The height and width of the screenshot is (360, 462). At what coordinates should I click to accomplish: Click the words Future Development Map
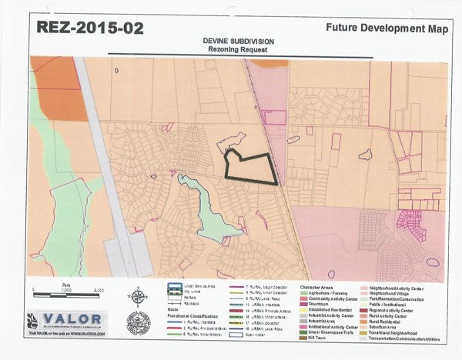click(386, 28)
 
